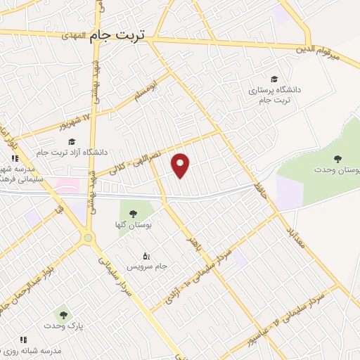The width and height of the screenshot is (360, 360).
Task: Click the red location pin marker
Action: click(x=181, y=165)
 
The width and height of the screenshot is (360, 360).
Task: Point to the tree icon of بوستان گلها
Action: click(x=133, y=213)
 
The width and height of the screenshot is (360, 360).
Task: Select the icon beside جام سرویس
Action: click(x=146, y=255)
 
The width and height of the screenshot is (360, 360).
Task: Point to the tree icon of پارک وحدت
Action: click(x=63, y=314)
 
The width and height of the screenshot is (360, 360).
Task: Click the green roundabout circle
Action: click(x=88, y=238)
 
